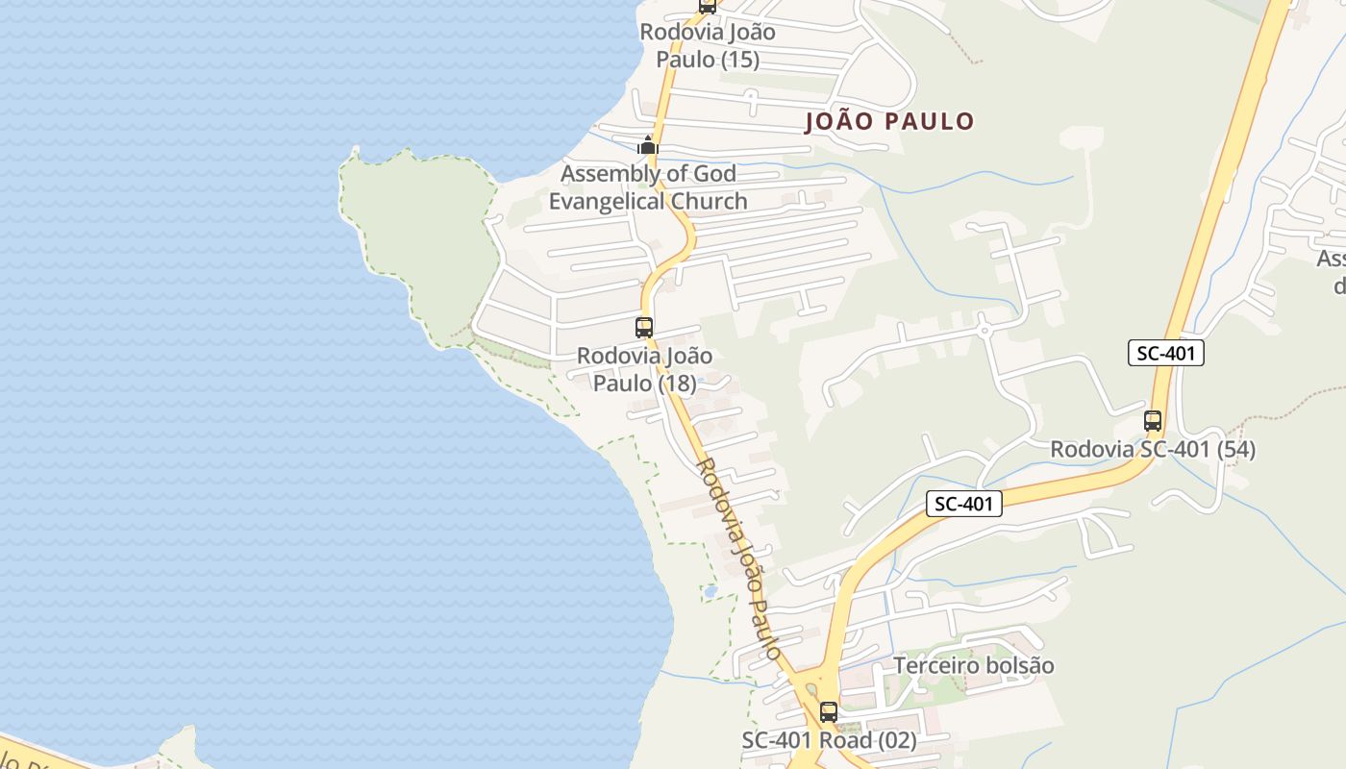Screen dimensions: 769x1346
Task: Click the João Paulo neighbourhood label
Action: [889, 121]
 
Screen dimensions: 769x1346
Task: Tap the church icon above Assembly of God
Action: [648, 145]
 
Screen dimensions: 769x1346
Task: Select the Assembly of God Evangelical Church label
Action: [648, 187]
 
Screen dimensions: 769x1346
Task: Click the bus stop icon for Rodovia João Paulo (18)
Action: [644, 327]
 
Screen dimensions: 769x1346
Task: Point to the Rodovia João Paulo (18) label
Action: [644, 369]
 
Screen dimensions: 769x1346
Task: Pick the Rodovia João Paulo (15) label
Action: [708, 45]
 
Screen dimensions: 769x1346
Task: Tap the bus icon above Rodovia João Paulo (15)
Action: [708, 5]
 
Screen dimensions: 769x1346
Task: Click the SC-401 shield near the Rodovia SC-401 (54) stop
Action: [1165, 353]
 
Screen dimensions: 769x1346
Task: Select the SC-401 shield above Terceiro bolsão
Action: [964, 503]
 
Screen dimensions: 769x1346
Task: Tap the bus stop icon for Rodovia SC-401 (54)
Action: [1153, 420]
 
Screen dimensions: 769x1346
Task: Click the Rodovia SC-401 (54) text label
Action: [1152, 449]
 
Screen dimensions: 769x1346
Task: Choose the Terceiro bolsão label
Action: [973, 665]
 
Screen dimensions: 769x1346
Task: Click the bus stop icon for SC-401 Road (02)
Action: [829, 712]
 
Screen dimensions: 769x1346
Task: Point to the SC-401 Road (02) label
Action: [829, 741]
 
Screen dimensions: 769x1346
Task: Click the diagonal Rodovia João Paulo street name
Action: [737, 558]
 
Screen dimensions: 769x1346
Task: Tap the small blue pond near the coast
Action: [710, 591]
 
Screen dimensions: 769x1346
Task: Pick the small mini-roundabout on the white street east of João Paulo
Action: [984, 329]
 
